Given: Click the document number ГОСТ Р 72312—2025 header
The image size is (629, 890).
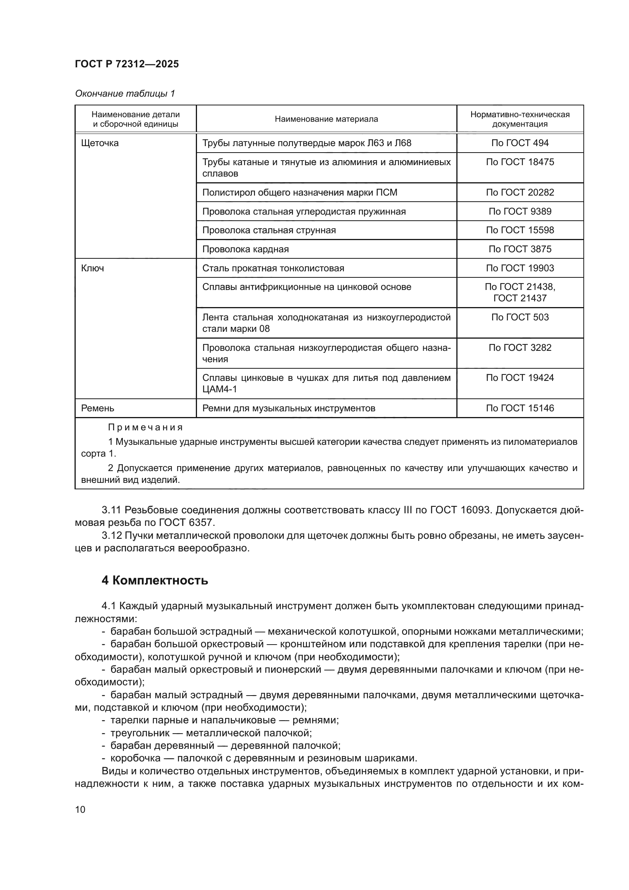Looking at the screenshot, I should point(127,64).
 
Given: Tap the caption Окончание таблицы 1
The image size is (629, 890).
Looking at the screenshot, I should point(125,94).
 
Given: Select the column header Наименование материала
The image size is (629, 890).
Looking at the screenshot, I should point(326,119).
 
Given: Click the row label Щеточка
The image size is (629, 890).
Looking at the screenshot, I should point(100,143).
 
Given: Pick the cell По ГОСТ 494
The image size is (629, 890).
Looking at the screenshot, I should point(520,143).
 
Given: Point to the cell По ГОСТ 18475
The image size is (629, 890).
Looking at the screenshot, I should point(520,162).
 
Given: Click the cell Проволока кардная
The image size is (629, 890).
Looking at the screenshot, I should point(246,249).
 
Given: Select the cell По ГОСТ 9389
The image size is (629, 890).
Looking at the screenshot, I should point(520,211).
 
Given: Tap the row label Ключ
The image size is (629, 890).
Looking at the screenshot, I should point(92,268).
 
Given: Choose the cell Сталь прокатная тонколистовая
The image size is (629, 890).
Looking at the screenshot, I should point(273,268).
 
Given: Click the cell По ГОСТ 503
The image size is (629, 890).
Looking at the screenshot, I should point(520,317).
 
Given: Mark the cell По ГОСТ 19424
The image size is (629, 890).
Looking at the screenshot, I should point(520,377).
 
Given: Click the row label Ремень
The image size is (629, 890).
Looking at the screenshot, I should point(98,408).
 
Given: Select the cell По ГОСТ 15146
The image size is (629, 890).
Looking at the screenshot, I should point(520,408).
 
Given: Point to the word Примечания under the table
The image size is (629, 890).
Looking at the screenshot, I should point(145,428).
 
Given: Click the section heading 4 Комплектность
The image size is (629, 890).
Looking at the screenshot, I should point(154,581).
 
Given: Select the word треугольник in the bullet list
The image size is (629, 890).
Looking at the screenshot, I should point(140,733).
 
